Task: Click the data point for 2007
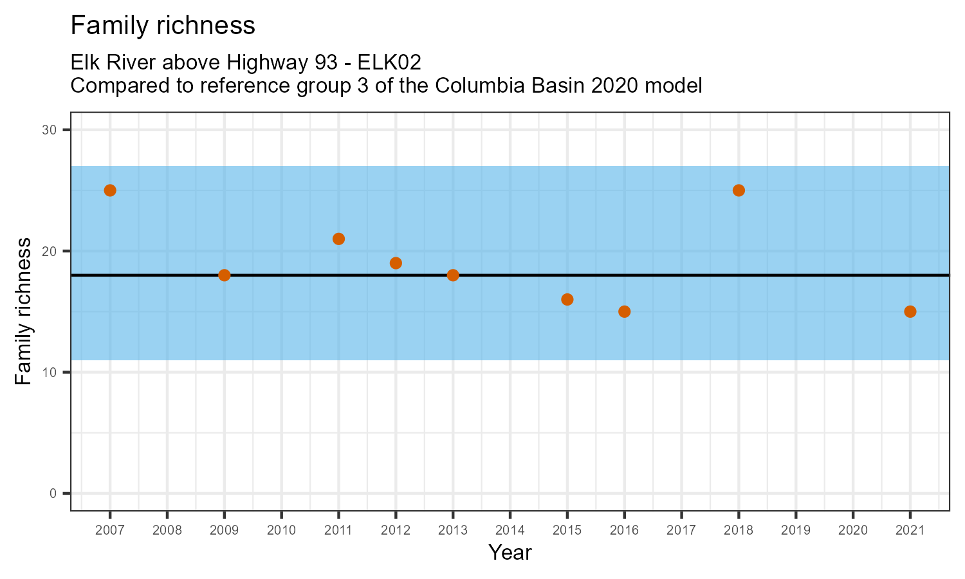pyautogui.click(x=110, y=190)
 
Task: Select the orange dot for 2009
pyautogui.click(x=224, y=275)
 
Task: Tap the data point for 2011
pyautogui.click(x=338, y=239)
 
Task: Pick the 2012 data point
pyautogui.click(x=396, y=263)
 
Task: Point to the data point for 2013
pyautogui.click(x=453, y=275)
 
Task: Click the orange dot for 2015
pyautogui.click(x=567, y=299)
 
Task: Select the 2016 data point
pyautogui.click(x=624, y=311)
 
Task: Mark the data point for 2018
pyautogui.click(x=739, y=190)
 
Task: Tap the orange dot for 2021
pyautogui.click(x=910, y=311)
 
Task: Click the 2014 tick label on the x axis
pyautogui.click(x=510, y=531)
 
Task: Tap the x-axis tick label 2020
pyautogui.click(x=852, y=531)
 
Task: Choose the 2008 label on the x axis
pyautogui.click(x=167, y=531)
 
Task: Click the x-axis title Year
pyautogui.click(x=510, y=553)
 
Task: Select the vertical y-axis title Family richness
pyautogui.click(x=23, y=311)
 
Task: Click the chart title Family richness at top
pyautogui.click(x=163, y=26)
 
